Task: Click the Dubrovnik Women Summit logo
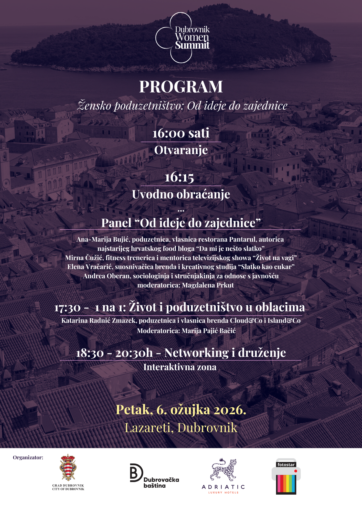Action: point(182,38)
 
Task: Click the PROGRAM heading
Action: point(181,87)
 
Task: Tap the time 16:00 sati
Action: point(181,133)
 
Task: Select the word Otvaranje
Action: point(181,150)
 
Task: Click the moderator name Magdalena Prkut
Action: point(208,285)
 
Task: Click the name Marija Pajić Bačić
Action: point(208,331)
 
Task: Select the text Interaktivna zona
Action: point(180,367)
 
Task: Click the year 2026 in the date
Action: point(229,410)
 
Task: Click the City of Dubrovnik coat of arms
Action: point(68,467)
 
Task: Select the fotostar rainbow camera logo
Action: point(286,476)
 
